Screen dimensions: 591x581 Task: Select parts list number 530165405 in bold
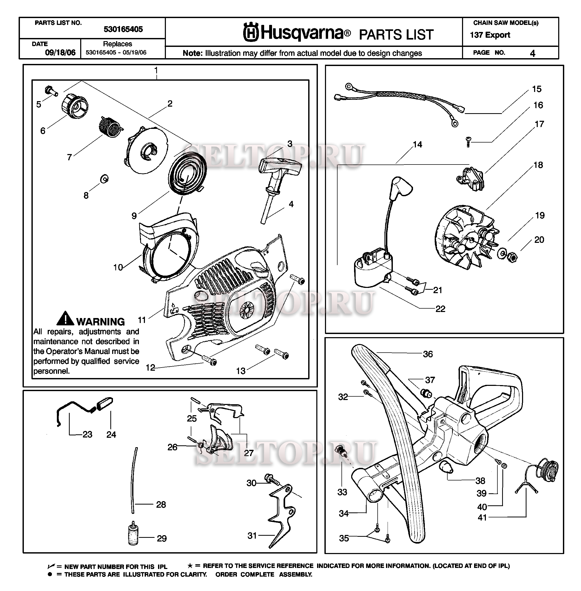coord(123,29)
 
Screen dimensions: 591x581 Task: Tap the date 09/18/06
coord(60,52)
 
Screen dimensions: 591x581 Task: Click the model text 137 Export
coord(490,35)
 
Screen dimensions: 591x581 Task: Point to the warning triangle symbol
coord(65,318)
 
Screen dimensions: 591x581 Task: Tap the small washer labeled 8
coord(104,179)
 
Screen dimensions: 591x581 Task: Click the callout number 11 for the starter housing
coord(142,320)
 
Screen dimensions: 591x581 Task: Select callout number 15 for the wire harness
coord(536,89)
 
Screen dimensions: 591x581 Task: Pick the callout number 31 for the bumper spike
coord(252,535)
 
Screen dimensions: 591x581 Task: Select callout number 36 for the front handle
coord(428,354)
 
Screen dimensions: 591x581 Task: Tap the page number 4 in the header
coord(533,53)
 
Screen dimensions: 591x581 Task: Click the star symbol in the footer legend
coord(190,566)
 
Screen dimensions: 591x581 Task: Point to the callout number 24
coord(111,434)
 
